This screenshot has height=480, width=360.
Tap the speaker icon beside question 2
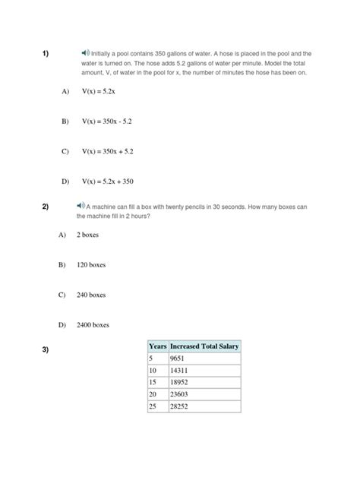(81, 205)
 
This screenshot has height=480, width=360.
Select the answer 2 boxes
(88, 235)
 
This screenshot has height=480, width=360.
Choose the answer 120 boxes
(91, 265)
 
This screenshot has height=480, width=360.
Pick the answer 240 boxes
(91, 295)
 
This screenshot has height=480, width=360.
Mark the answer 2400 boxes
(93, 325)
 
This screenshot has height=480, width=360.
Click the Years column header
(157, 346)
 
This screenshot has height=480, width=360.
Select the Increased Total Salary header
(204, 346)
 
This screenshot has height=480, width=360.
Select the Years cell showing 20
(153, 394)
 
